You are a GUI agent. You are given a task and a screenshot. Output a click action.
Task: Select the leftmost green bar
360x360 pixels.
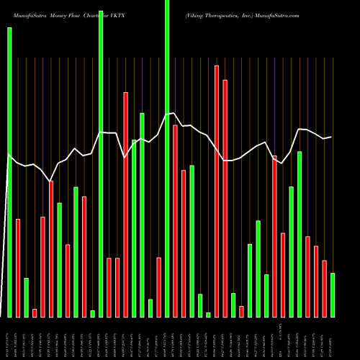(9, 172)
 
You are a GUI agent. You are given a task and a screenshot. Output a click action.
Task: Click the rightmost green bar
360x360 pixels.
(333, 295)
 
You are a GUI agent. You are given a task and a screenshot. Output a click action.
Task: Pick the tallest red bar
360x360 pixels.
(217, 191)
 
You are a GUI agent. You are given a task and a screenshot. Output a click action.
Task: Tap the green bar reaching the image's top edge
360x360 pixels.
(167, 158)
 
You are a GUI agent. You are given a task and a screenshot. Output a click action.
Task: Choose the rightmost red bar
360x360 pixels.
(324, 288)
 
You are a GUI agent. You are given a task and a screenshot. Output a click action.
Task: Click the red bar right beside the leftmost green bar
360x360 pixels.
(18, 268)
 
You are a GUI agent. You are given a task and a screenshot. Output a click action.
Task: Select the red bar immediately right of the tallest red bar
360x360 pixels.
(225, 198)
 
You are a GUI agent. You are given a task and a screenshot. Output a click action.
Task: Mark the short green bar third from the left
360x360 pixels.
(26, 297)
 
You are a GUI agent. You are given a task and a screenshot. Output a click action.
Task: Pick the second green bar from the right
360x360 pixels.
(300, 234)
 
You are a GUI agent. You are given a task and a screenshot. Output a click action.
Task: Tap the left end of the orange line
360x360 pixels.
(9, 153)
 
